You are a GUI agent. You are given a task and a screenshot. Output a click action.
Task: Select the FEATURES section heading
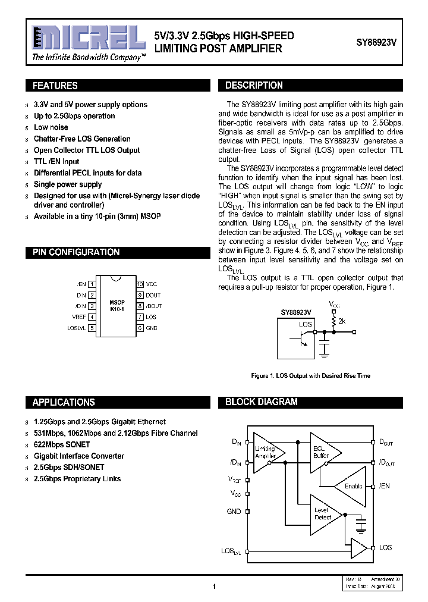click(55, 86)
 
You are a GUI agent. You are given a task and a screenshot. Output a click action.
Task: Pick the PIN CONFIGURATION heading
click(76, 252)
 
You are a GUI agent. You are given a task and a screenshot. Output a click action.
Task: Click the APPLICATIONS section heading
click(64, 402)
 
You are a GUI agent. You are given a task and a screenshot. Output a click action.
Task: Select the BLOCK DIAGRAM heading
click(262, 402)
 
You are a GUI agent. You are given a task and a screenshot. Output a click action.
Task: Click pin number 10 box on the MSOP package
click(140, 284)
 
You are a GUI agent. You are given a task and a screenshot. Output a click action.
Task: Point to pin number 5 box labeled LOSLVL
click(92, 328)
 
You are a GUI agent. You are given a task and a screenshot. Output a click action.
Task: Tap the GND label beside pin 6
click(152, 328)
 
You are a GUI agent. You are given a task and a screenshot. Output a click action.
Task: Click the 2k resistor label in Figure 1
click(342, 321)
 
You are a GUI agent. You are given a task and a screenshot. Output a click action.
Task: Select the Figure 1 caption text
click(310, 375)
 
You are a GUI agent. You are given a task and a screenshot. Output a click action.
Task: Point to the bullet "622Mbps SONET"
click(62, 444)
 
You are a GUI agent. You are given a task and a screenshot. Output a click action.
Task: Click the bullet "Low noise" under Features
click(51, 127)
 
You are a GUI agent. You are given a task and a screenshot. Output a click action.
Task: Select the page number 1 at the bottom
click(213, 587)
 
